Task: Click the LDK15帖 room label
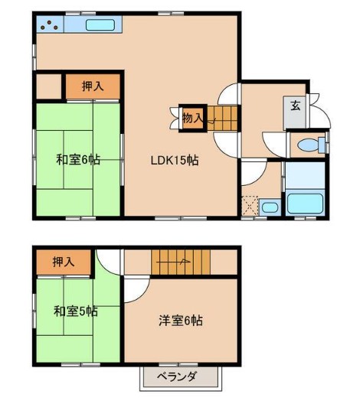tap(175, 161)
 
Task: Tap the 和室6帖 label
tap(77, 160)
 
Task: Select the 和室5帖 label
tap(75, 311)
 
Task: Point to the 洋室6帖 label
tap(180, 321)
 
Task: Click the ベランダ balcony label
tap(178, 376)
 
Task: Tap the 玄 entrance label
tap(295, 105)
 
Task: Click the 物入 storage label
tap(192, 117)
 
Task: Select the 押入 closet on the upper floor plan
tap(92, 86)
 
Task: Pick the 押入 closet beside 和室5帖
tap(64, 262)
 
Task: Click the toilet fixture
tap(309, 144)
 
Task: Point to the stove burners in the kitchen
tap(49, 24)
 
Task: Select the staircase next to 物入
tap(223, 118)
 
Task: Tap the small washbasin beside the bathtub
tap(268, 207)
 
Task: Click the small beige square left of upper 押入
tap(47, 86)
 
